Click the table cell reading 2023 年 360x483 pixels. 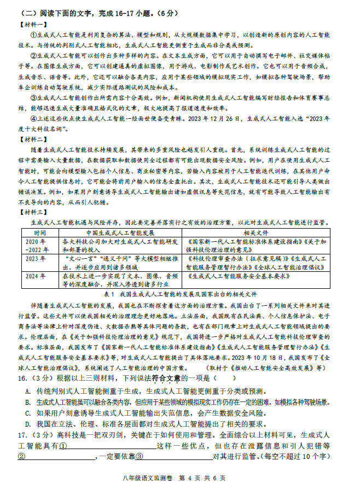click(x=35, y=258)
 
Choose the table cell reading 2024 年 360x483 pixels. click(x=35, y=276)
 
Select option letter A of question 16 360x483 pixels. click(x=28, y=392)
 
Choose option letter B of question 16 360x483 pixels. click(x=28, y=403)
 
